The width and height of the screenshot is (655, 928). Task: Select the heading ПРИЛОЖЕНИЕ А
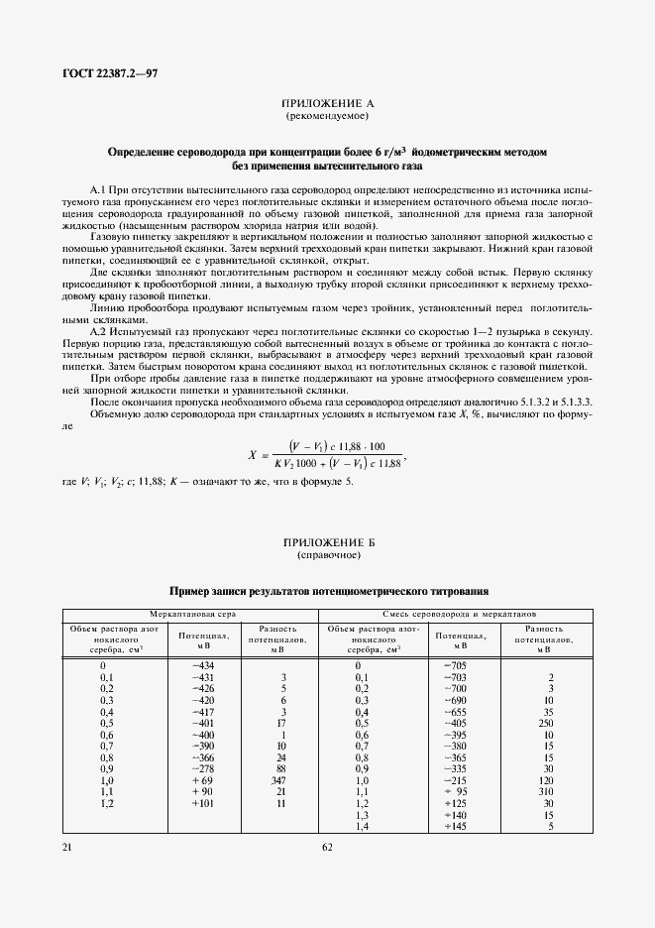pos(327,104)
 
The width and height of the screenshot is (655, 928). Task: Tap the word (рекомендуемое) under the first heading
pos(327,116)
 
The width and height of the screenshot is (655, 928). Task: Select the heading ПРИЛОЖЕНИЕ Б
pos(327,542)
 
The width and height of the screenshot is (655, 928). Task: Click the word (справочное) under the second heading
pos(327,555)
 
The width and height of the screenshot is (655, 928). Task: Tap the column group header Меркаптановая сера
pos(190,615)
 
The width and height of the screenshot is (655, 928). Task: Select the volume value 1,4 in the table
pos(361,825)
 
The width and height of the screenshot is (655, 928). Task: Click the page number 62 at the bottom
pos(327,847)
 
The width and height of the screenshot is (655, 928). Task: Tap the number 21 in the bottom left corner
pos(67,847)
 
